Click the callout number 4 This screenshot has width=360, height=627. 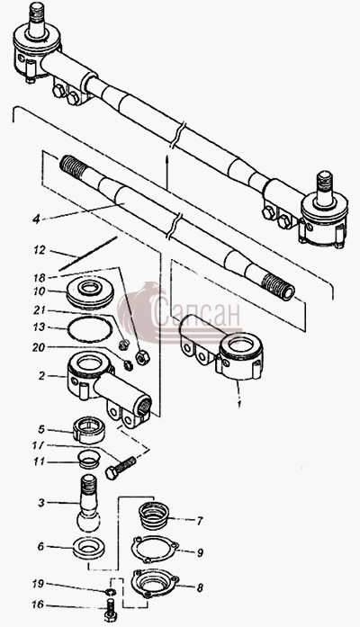pos(37,219)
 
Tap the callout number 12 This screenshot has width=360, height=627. pos(40,250)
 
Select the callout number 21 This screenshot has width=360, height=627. pos(40,310)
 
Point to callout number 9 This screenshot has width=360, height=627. pos(200,552)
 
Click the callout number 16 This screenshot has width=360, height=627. pos(39,605)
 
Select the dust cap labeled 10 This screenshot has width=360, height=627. pos(90,293)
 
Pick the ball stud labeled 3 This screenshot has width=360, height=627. pos(88,504)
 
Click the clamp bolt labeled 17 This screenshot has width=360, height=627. pos(121,467)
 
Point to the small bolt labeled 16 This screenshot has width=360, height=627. pos(109,611)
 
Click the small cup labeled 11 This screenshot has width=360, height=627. pos(87,460)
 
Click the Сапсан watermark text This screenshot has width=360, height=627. pos(196,316)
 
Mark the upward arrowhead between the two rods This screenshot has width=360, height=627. pos(167,159)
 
